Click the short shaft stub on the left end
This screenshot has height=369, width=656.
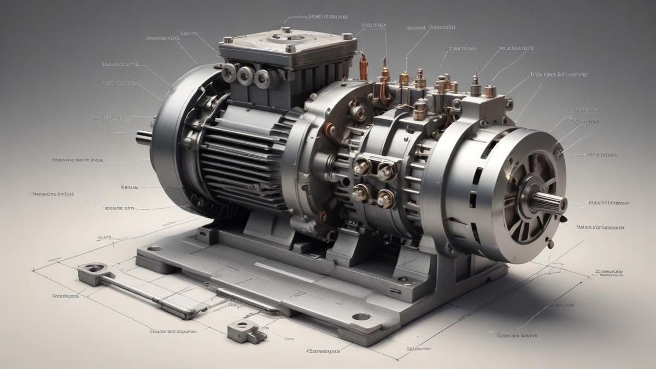coord(143,137)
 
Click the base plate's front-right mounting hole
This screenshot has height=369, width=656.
coord(361,317)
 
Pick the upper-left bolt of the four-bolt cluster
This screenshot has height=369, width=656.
coord(361,166)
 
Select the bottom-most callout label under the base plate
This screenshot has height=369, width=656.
coord(323,350)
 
